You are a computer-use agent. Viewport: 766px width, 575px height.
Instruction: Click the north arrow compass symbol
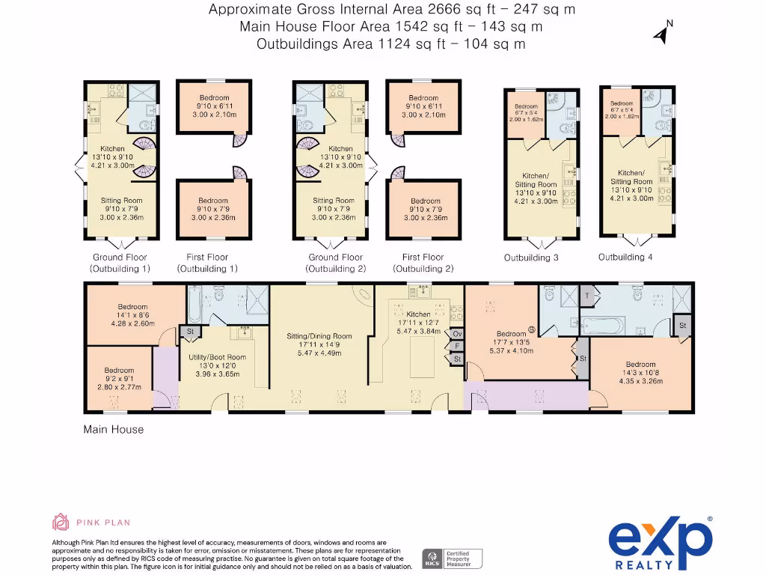[661, 32]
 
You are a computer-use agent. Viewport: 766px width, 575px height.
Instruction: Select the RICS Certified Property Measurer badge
[453, 557]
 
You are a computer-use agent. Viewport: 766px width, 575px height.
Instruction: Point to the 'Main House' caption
[113, 430]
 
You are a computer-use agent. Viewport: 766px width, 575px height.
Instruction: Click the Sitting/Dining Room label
[319, 336]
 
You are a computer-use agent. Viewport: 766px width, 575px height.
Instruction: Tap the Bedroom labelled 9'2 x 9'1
[119, 371]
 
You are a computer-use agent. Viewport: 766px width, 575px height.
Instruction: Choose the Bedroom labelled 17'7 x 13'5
[512, 334]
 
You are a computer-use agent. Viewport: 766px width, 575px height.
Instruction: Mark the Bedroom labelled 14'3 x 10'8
[640, 365]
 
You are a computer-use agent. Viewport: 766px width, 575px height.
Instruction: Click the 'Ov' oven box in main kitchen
[457, 333]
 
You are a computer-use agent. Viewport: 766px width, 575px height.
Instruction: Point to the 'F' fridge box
[457, 346]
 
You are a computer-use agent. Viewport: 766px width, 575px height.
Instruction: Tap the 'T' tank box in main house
[587, 296]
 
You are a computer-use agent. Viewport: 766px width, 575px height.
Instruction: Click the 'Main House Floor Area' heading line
[391, 27]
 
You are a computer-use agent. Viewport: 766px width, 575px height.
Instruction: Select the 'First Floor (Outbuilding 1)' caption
[207, 263]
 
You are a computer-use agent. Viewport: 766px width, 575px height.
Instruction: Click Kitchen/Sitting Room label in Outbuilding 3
[536, 180]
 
